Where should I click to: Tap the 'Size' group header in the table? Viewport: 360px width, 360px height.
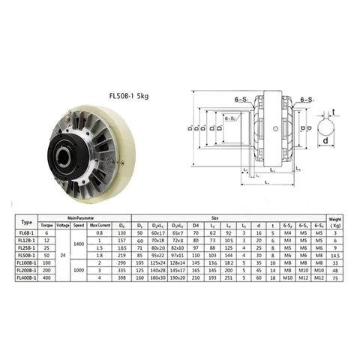pyautogui.click(x=224, y=218)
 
